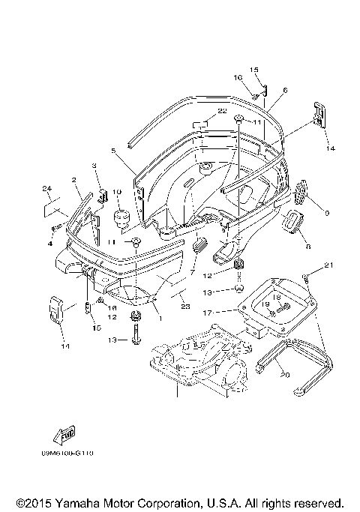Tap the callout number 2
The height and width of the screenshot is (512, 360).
pyautogui.click(x=74, y=180)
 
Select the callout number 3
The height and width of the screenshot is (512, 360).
pyautogui.click(x=95, y=165)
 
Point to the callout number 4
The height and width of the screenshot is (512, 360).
pyautogui.click(x=50, y=243)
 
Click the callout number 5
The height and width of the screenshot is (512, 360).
pyautogui.click(x=113, y=151)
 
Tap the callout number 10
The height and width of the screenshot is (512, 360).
pyautogui.click(x=116, y=192)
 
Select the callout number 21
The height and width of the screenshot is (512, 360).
pyautogui.click(x=328, y=265)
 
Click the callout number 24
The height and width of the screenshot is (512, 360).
pyautogui.click(x=46, y=187)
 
